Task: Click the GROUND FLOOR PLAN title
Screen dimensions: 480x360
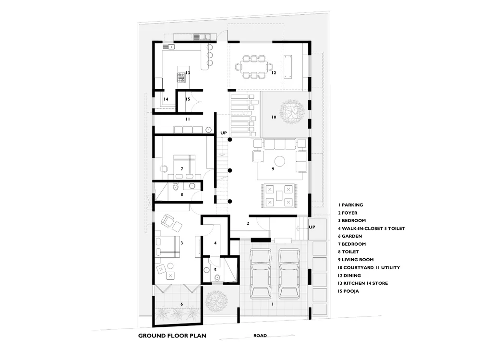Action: [x=172, y=336]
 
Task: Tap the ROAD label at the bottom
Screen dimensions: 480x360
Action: [x=260, y=336]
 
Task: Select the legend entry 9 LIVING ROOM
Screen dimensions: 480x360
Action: [x=356, y=260]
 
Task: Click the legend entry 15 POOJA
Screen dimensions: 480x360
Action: [x=348, y=291]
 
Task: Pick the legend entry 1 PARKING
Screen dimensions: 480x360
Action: [x=350, y=205]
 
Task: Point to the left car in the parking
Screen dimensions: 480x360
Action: [x=261, y=274]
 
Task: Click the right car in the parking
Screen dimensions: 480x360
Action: [x=289, y=274]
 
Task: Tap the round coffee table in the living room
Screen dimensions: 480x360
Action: [x=279, y=161]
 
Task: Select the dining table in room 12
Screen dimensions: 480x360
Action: [x=254, y=67]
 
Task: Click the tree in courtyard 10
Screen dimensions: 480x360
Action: [x=292, y=112]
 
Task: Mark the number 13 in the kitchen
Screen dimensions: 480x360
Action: [x=188, y=73]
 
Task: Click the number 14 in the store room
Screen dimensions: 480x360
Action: [x=166, y=99]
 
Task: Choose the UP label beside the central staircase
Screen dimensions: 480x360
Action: [x=224, y=133]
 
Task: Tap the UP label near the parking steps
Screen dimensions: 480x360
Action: [x=312, y=227]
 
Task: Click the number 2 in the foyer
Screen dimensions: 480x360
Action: [x=248, y=223]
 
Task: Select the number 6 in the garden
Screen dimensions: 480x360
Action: [x=182, y=304]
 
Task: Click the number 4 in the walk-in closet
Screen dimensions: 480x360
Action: [x=215, y=243]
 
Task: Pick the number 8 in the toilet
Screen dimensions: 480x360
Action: [x=182, y=194]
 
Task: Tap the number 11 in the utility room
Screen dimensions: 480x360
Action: [x=188, y=119]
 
